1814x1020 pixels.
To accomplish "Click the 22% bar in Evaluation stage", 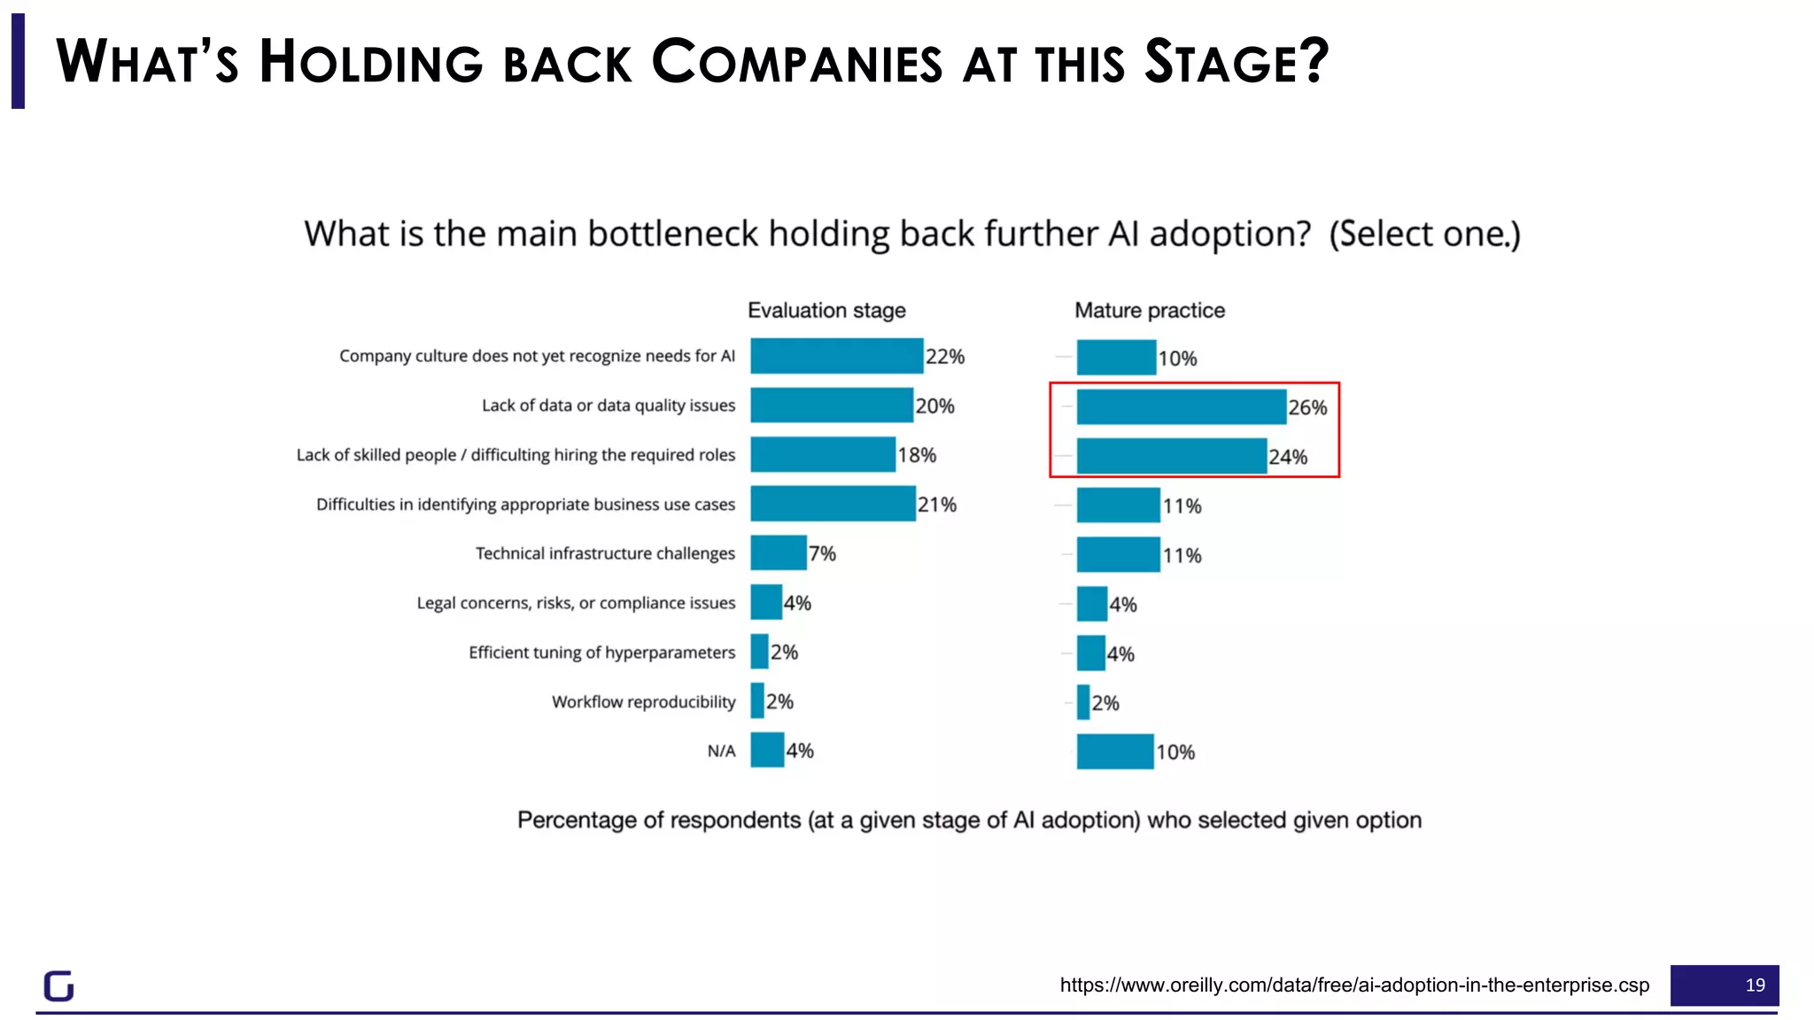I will coord(836,356).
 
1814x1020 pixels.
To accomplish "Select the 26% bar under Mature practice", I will coord(1181,407).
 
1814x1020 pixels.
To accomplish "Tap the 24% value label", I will coord(1287,457).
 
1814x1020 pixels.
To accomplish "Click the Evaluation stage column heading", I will coord(826,311).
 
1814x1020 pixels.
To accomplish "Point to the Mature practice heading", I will coord(1149,311).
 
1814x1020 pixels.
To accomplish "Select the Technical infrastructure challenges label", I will coord(605,553).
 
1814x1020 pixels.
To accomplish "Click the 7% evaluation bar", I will coord(778,553).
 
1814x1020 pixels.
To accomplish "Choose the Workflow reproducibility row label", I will coord(643,702).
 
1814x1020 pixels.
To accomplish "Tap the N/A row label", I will coord(721,752).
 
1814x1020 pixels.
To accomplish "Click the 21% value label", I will coord(936,505).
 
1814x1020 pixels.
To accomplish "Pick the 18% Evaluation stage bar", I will coord(822,455).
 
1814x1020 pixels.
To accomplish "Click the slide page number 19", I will coord(1755,985).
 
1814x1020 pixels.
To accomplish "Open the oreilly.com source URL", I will coord(1354,985).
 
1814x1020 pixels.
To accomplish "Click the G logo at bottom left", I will coord(59,985).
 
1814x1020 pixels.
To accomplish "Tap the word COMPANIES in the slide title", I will coord(796,63).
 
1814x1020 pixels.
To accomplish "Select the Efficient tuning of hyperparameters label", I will coord(601,653).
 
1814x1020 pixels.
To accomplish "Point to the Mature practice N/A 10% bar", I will coord(1114,752).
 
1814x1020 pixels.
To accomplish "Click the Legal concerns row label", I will coord(576,603).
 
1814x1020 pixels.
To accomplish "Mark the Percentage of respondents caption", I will coord(969,820).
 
